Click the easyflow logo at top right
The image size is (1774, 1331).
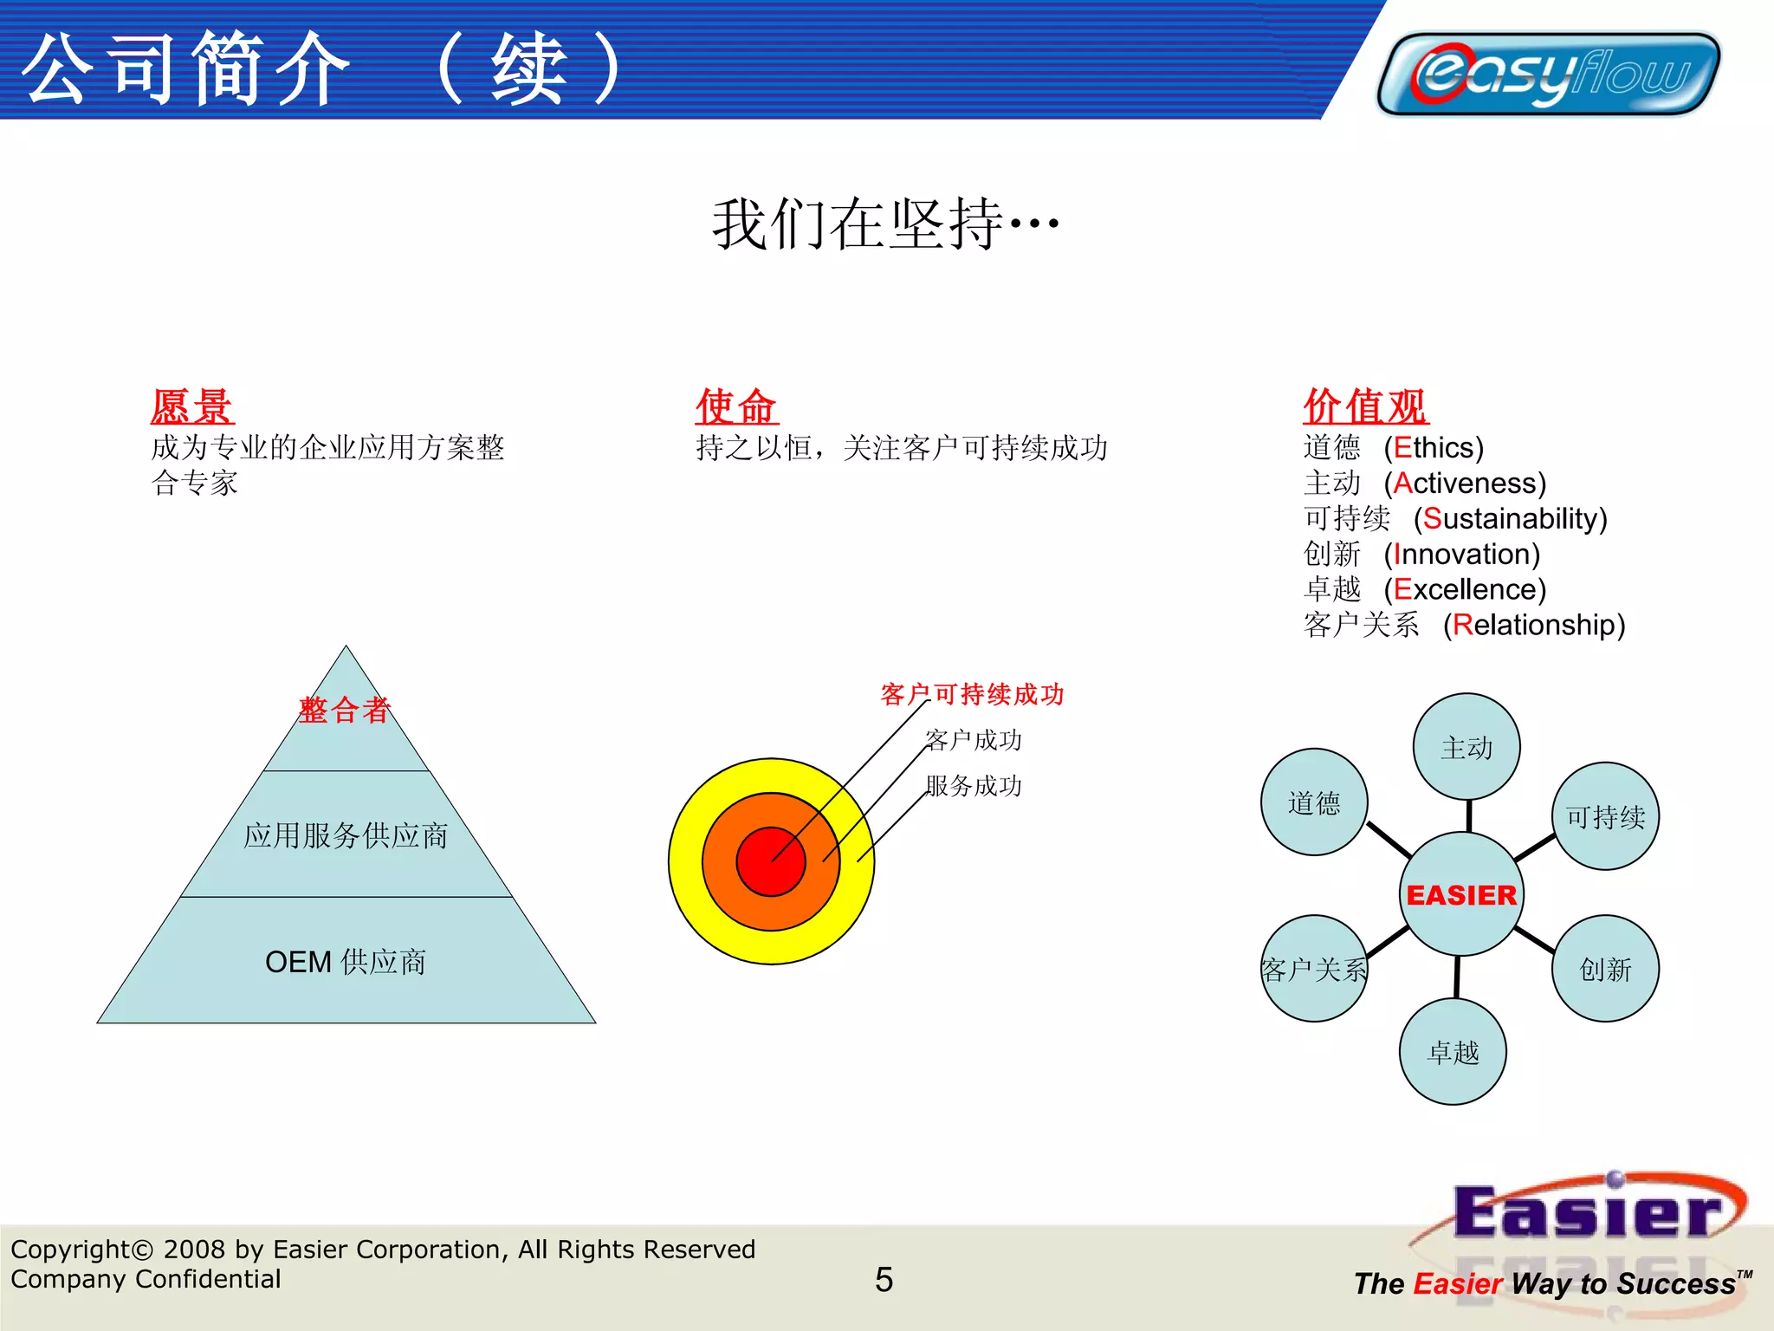click(x=1548, y=74)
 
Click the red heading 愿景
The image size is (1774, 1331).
click(x=191, y=406)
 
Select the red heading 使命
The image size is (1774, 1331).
click(x=736, y=406)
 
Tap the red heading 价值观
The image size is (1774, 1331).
click(x=1365, y=406)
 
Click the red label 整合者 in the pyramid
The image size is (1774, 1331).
click(x=345, y=711)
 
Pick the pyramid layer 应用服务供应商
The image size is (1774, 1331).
click(x=346, y=835)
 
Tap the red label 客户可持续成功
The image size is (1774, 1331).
click(x=972, y=695)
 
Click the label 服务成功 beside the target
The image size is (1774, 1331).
click(x=974, y=787)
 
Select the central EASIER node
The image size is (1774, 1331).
click(x=1461, y=894)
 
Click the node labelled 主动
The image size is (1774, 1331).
click(x=1466, y=747)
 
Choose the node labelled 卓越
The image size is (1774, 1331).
click(x=1453, y=1052)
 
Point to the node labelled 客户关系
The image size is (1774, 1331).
click(x=1313, y=969)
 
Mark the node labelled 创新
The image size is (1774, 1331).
click(x=1605, y=969)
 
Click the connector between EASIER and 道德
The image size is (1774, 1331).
click(x=1389, y=839)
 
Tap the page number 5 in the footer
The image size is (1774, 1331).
click(x=884, y=1280)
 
